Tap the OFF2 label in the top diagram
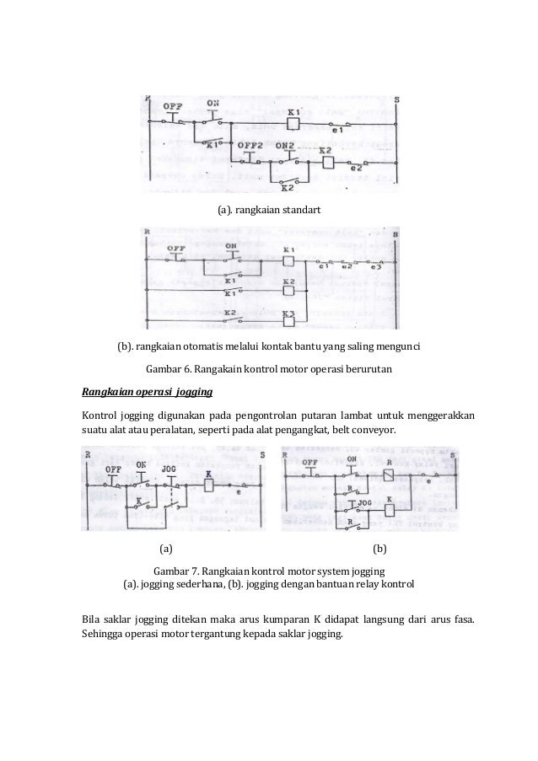point(250,145)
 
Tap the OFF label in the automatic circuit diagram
point(176,249)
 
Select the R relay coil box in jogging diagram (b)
point(389,475)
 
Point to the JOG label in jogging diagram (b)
point(365,501)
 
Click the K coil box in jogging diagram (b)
point(390,509)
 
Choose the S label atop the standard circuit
point(396,100)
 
